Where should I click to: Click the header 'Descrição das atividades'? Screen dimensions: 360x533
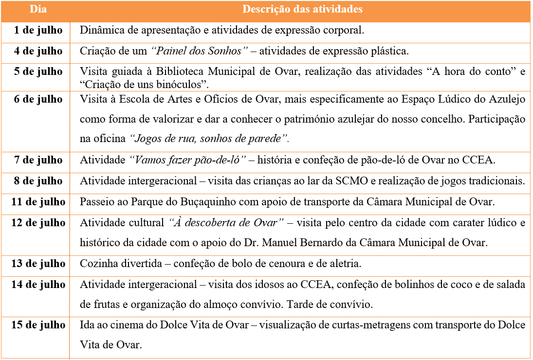(302, 9)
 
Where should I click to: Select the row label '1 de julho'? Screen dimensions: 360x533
(38, 30)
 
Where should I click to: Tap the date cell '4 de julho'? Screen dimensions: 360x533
(38, 51)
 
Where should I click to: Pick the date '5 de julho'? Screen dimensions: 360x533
(38, 72)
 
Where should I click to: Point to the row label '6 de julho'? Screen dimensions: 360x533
(38, 99)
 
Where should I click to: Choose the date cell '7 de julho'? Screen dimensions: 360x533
(38, 160)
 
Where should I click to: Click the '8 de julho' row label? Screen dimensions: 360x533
(38, 181)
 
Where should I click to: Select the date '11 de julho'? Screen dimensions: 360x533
(38, 202)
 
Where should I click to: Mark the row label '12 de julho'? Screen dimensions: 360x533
(38, 223)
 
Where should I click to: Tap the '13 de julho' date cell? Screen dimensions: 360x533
(38, 264)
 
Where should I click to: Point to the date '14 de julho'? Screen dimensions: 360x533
(38, 284)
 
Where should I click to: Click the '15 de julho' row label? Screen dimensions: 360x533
(38, 325)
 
